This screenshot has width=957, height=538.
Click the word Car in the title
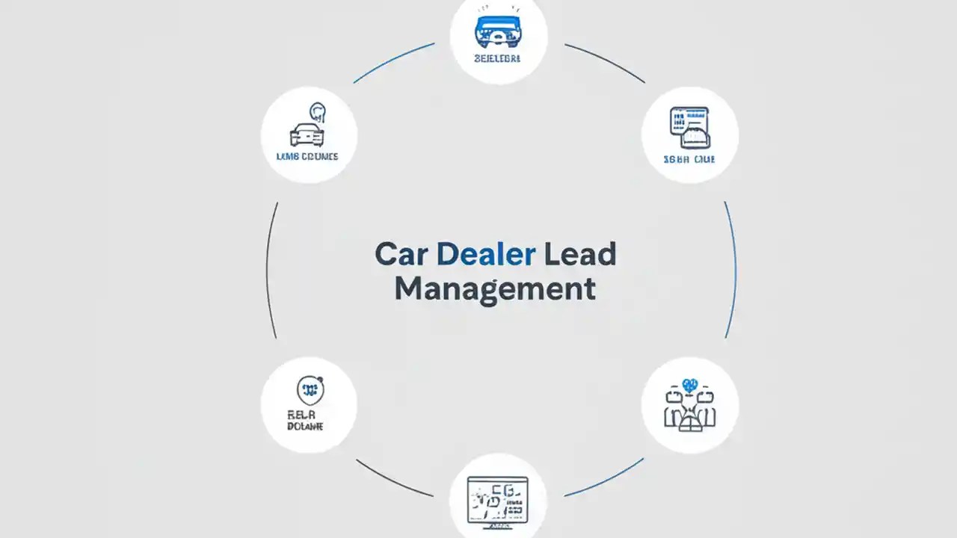401,255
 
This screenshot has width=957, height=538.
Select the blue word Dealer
485,255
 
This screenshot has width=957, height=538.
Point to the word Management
495,288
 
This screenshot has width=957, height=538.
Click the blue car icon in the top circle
498,31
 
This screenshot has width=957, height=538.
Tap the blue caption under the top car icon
498,58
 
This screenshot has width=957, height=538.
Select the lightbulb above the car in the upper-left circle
319,112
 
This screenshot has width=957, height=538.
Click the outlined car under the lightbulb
307,134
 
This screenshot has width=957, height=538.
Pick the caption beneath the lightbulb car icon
307,157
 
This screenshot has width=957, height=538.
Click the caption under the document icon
689,159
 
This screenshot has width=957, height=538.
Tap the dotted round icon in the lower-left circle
309,389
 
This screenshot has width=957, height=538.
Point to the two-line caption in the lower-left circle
305,420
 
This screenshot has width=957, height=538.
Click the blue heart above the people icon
689,386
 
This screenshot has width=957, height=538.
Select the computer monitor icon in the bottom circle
497,499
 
